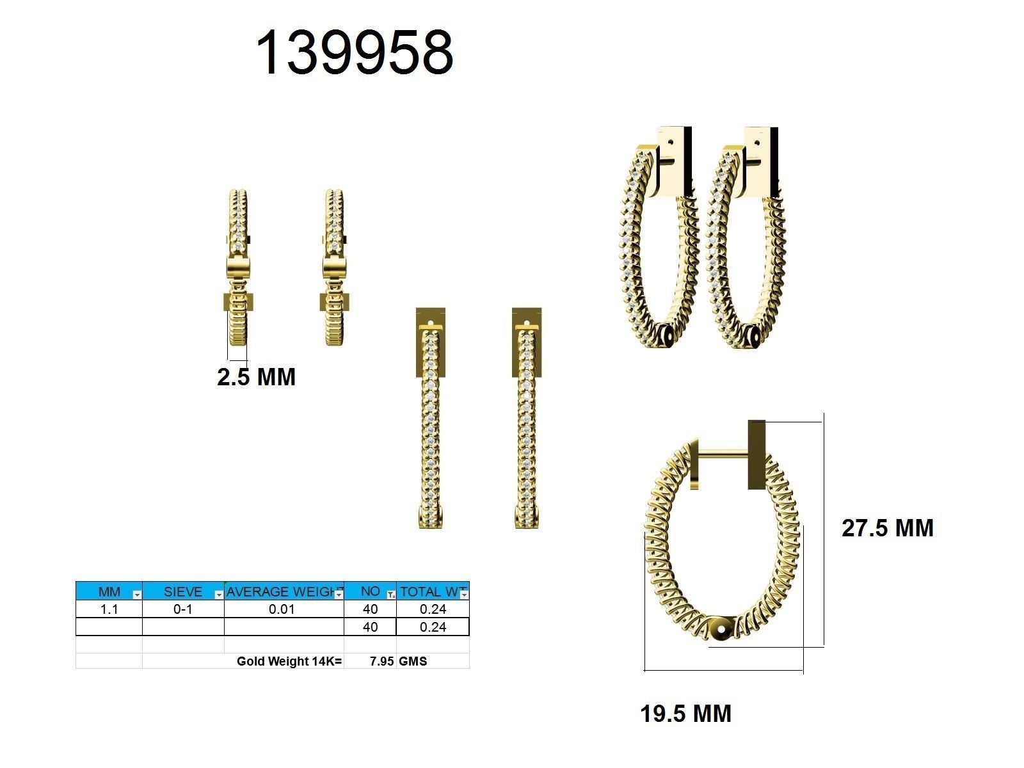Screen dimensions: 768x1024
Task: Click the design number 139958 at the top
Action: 355,53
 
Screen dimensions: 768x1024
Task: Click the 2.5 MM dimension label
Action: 256,377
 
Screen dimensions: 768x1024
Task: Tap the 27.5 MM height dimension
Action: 887,528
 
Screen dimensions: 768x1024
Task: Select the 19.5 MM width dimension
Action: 685,714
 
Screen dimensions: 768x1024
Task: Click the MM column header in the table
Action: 109,591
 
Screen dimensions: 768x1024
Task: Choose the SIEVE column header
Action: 182,591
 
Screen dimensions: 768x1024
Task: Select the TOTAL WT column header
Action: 429,591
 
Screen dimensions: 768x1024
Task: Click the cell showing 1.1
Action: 109,609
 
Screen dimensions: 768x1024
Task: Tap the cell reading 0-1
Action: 182,609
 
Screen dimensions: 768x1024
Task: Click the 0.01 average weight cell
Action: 282,609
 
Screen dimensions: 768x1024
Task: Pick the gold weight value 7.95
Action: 381,661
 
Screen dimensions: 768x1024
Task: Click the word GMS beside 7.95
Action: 413,661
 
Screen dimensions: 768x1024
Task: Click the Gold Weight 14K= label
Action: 289,661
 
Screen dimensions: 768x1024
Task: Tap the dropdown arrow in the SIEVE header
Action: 219,595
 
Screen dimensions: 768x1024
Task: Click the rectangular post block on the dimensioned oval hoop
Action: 756,454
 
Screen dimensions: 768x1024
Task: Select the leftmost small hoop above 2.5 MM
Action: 237,269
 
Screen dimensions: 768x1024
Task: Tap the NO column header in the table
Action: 370,591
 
